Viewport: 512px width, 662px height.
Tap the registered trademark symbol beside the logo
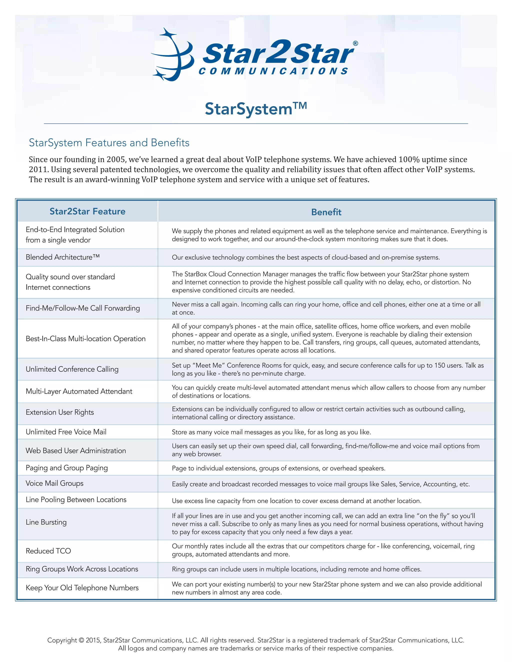355,44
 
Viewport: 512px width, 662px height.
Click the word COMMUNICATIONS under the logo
273,71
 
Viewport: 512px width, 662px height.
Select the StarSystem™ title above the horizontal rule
256,109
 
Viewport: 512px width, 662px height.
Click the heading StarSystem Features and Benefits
109,142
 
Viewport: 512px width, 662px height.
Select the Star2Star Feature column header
87,211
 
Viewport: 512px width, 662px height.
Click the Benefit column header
326,212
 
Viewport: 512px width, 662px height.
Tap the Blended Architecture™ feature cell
62,257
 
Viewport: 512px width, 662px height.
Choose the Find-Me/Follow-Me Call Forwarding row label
82,308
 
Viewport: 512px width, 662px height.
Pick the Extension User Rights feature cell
60,412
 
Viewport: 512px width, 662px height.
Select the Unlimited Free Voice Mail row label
66,432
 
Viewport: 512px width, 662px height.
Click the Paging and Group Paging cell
67,468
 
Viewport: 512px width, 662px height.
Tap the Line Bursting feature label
46,522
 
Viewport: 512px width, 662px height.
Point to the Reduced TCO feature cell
48,551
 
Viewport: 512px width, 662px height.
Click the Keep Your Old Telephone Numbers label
82,588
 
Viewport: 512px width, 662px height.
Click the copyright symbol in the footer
81,640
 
